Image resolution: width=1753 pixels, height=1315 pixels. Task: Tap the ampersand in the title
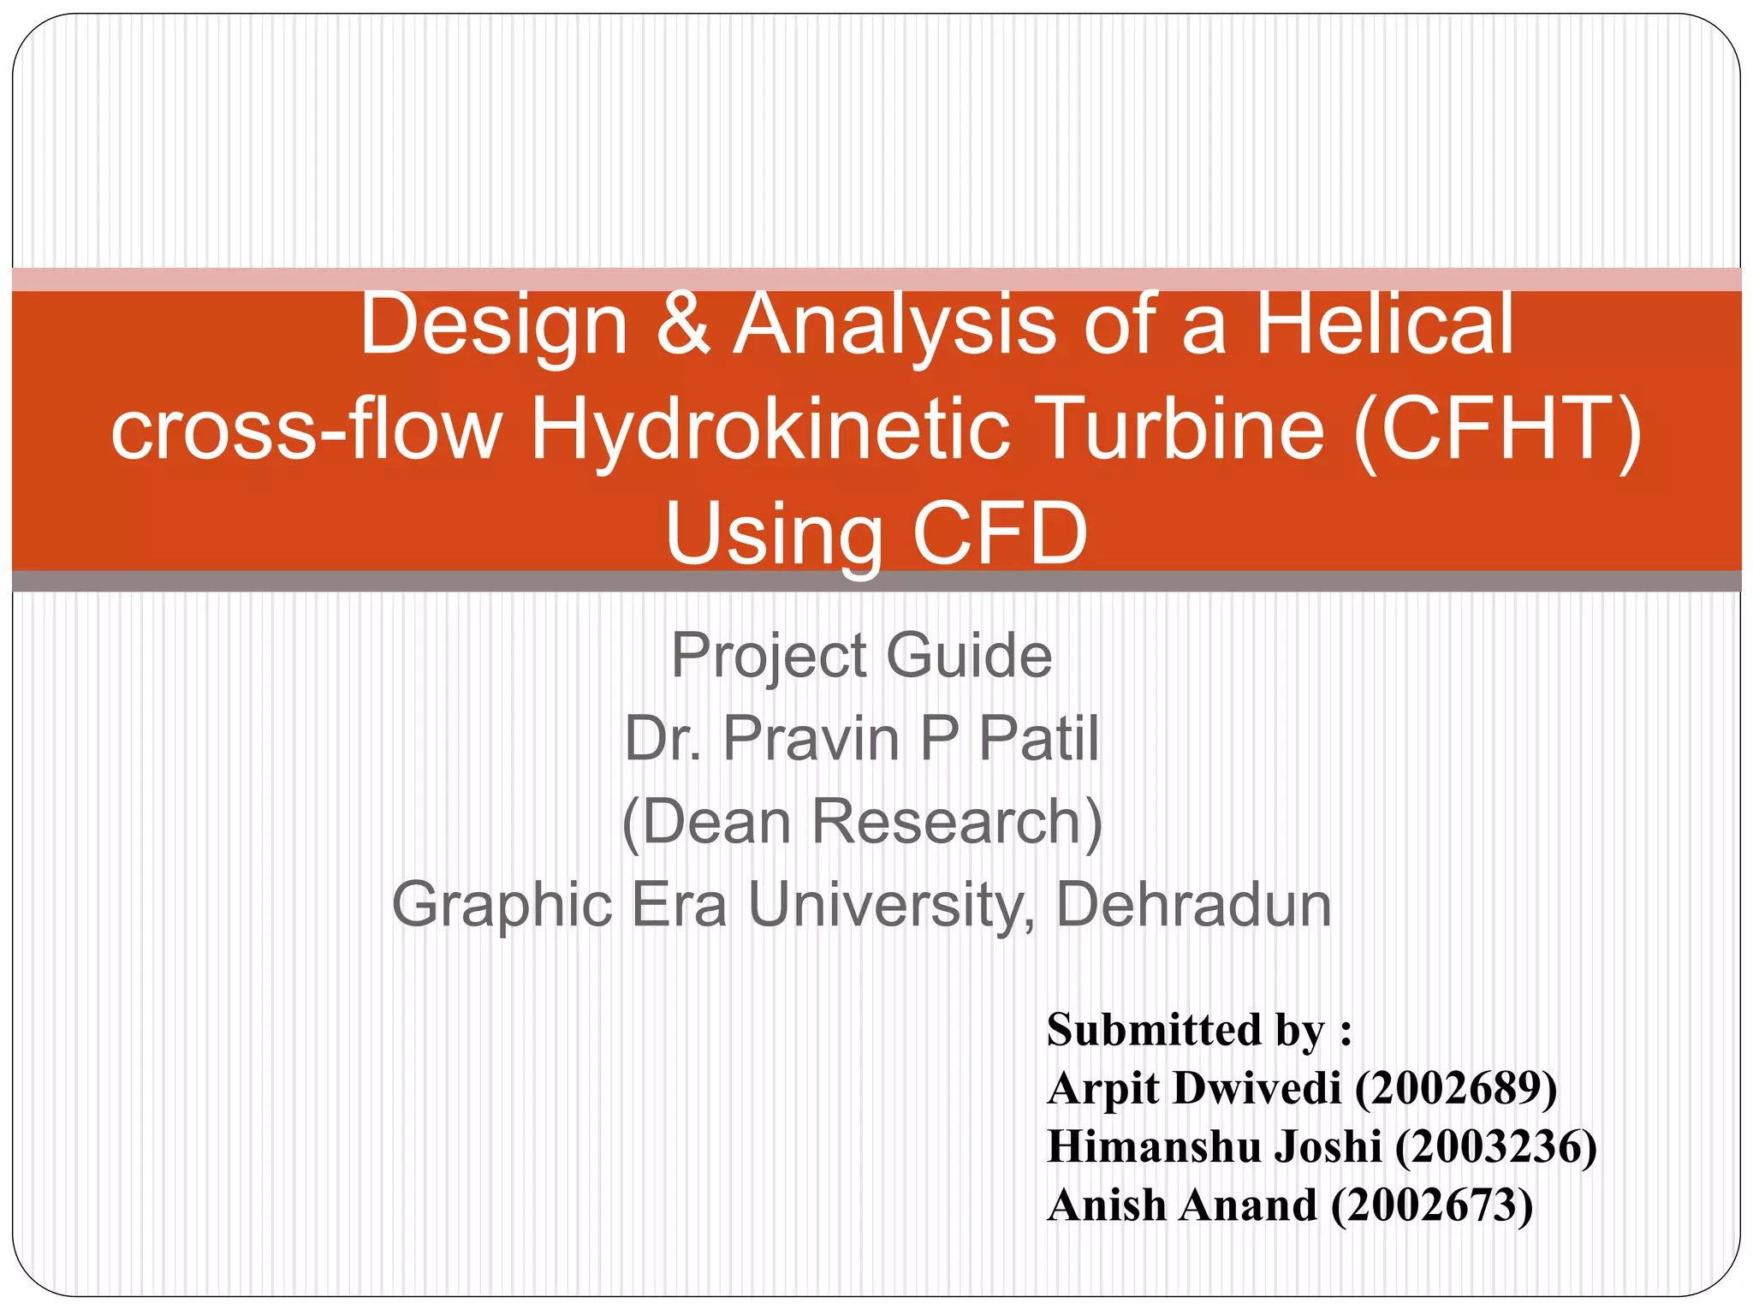point(683,325)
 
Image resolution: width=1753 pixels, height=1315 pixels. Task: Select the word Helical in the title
point(1384,325)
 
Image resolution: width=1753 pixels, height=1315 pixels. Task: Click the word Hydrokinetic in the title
point(770,430)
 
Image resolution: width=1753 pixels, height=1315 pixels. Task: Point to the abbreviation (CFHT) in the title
point(1497,430)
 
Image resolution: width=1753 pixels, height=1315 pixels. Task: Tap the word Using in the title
point(773,534)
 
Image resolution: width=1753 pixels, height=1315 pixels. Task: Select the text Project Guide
point(861,656)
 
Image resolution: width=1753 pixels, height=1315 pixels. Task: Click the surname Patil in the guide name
point(1038,739)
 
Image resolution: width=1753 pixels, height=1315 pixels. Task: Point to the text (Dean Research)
point(862,822)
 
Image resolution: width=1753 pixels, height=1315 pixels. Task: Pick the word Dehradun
point(1193,905)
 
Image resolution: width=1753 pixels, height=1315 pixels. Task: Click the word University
point(885,905)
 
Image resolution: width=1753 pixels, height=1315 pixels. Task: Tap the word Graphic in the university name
point(502,905)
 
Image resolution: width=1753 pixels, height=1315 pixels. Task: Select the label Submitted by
point(1198,1030)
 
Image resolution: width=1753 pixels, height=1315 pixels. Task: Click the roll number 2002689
point(1456,1089)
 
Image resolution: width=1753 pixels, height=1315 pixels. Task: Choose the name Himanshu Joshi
point(1214,1147)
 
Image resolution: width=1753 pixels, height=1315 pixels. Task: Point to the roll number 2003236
point(1495,1147)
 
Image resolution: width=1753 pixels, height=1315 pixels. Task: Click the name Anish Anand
point(1182,1205)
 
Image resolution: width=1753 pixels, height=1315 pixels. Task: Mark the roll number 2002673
point(1432,1205)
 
